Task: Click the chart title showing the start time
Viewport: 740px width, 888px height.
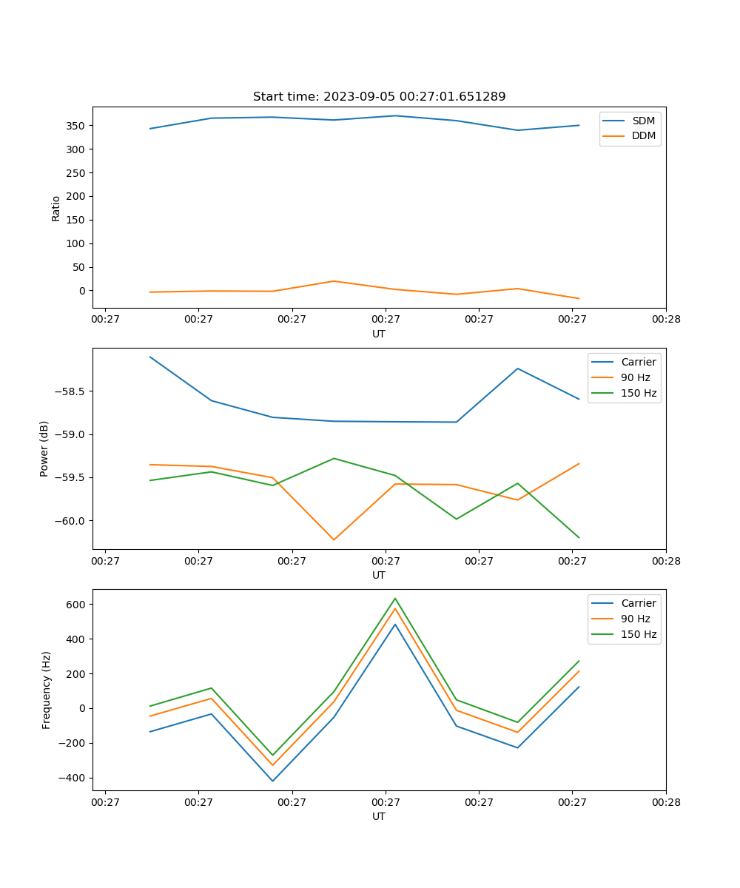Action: coord(379,97)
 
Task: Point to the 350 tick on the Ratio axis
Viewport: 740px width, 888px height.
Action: coord(76,126)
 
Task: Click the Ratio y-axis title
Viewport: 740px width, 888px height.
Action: coord(56,208)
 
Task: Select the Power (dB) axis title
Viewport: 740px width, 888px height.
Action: coord(44,448)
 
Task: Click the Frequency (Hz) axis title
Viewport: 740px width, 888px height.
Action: coord(47,690)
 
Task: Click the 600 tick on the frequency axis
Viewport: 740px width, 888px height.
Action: coord(76,605)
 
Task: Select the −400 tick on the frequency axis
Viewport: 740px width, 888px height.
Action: coord(73,778)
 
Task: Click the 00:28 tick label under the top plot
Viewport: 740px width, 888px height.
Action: coord(665,320)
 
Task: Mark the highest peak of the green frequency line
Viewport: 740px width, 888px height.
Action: coord(395,598)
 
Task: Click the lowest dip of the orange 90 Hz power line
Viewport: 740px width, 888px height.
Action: coord(334,539)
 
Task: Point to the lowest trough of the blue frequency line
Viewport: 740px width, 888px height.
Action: coord(272,781)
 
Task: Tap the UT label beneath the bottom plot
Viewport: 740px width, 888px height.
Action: coord(379,816)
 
